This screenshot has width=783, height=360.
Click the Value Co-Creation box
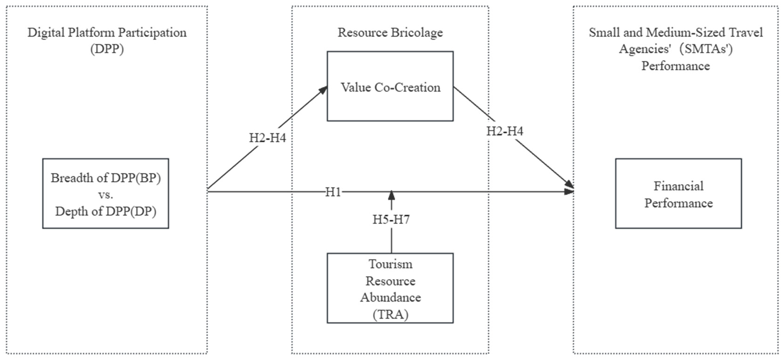click(x=390, y=87)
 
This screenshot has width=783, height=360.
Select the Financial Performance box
click(x=678, y=194)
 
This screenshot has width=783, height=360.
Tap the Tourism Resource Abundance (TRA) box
click(x=390, y=288)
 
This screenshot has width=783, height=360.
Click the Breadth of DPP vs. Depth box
click(x=105, y=194)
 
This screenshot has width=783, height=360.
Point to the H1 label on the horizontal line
click(x=333, y=192)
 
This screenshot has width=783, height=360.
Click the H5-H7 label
click(x=391, y=219)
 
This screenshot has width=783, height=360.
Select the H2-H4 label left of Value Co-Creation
click(x=267, y=138)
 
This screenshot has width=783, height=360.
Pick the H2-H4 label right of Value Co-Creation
click(x=505, y=131)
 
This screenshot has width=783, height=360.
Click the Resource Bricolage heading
click(x=390, y=33)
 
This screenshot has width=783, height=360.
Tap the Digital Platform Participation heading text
click(x=107, y=33)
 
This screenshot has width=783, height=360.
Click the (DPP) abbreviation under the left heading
click(x=107, y=49)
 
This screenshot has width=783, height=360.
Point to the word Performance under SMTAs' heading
click(x=675, y=66)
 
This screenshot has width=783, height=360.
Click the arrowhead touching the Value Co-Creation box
click(x=323, y=90)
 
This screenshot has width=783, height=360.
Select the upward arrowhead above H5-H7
click(x=391, y=195)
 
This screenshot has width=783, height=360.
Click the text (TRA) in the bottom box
click(x=390, y=314)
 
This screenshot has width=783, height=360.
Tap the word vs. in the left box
click(x=105, y=194)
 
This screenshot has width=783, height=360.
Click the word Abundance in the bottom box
click(x=390, y=297)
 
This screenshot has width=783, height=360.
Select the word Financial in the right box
click(x=678, y=186)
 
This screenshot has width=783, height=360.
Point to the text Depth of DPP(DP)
click(x=105, y=211)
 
